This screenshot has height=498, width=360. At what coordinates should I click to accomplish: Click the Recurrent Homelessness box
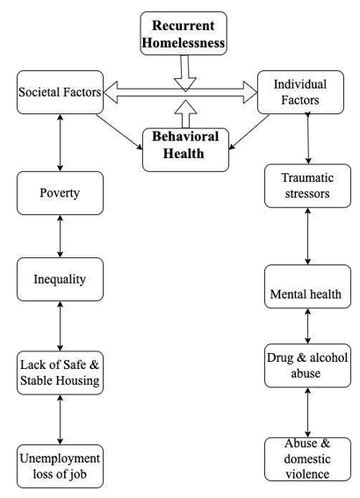coord(184,33)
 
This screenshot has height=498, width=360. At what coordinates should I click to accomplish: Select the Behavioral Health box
coord(186,150)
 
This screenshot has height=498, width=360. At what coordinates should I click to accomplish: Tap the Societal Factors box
coord(60,92)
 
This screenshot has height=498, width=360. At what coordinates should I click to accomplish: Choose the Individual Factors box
coord(300,92)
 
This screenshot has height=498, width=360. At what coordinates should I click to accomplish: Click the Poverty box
coord(60,193)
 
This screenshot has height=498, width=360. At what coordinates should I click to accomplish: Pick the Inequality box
coord(60,279)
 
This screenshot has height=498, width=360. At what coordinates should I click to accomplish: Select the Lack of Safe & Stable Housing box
coord(60,373)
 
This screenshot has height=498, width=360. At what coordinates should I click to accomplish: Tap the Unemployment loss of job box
coord(60,466)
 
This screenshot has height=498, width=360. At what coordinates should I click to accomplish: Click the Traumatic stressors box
coord(307,186)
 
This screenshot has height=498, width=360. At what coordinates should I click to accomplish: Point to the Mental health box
coord(307,286)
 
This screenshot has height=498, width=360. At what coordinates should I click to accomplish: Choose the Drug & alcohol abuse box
coord(307,365)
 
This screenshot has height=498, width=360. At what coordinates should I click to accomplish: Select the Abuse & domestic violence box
coord(307,459)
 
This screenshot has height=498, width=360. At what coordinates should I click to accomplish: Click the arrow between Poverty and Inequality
coord(60,236)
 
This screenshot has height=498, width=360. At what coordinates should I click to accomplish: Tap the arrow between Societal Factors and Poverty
coord(60,142)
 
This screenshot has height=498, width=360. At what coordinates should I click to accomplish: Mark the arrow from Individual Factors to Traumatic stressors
coord(307,139)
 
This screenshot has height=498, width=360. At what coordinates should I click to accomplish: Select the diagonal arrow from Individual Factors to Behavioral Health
coord(249,132)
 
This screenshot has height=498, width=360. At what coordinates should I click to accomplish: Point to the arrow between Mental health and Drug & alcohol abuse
coord(307,326)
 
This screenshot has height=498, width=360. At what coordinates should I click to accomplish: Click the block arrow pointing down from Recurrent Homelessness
coord(184,74)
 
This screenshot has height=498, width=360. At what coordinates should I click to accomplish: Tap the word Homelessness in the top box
coord(184,43)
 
